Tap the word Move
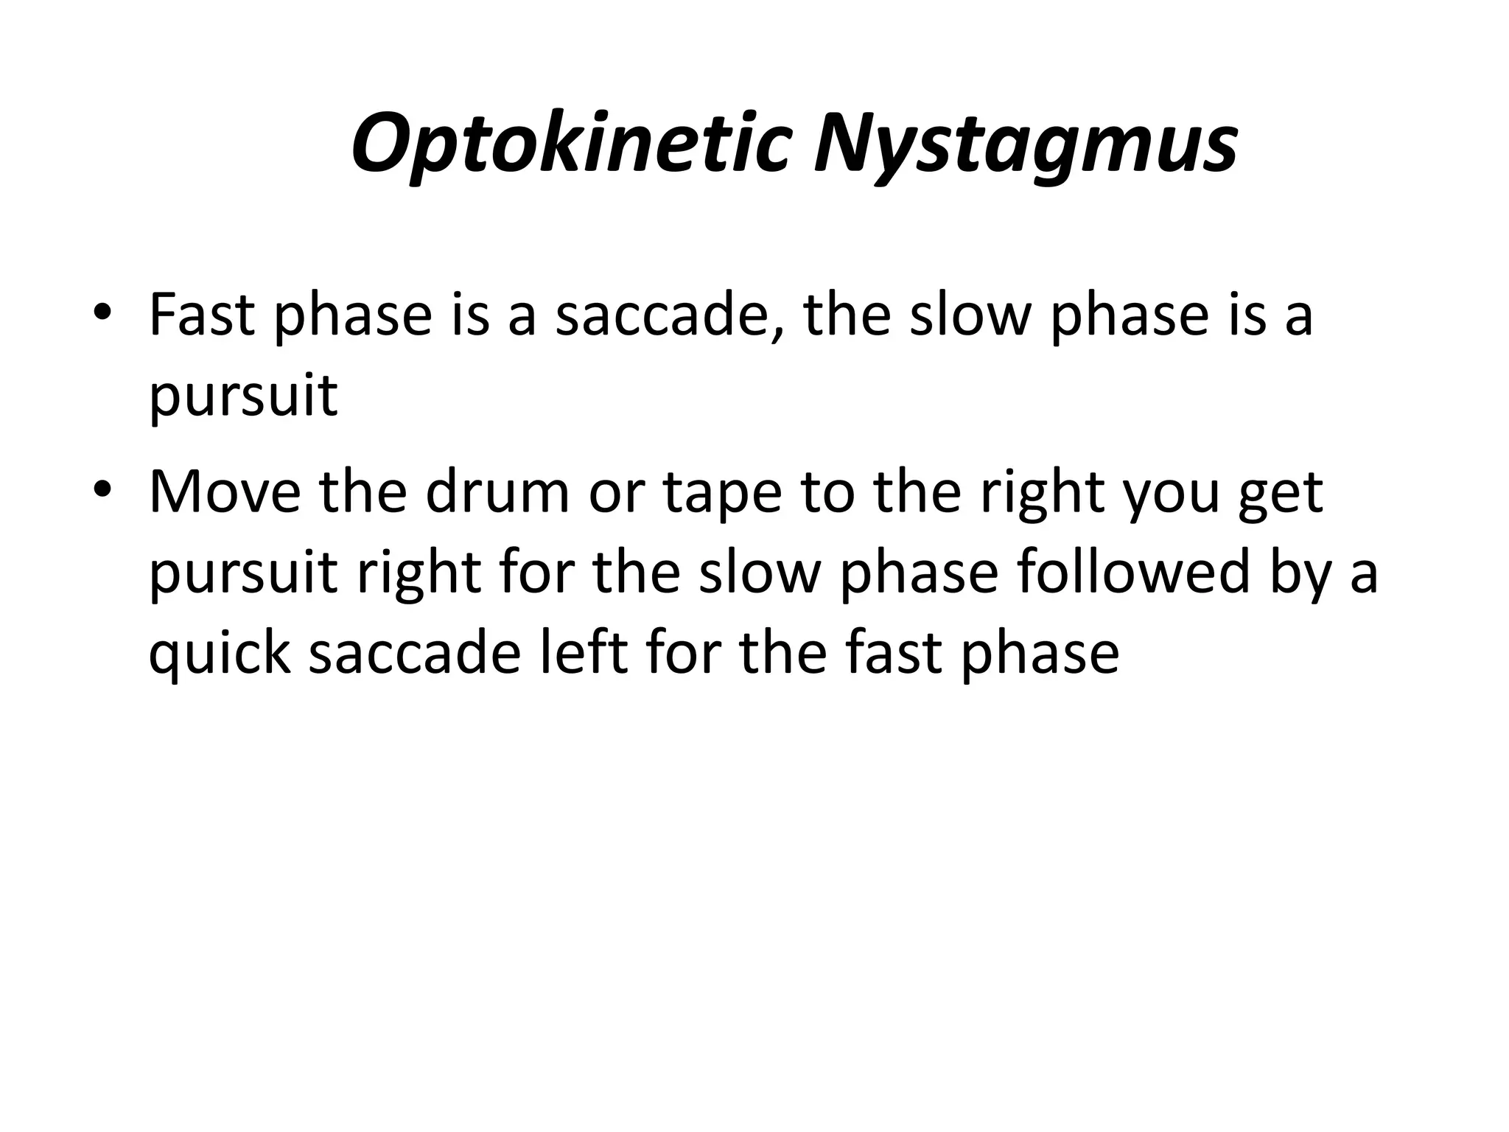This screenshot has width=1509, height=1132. tap(225, 492)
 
